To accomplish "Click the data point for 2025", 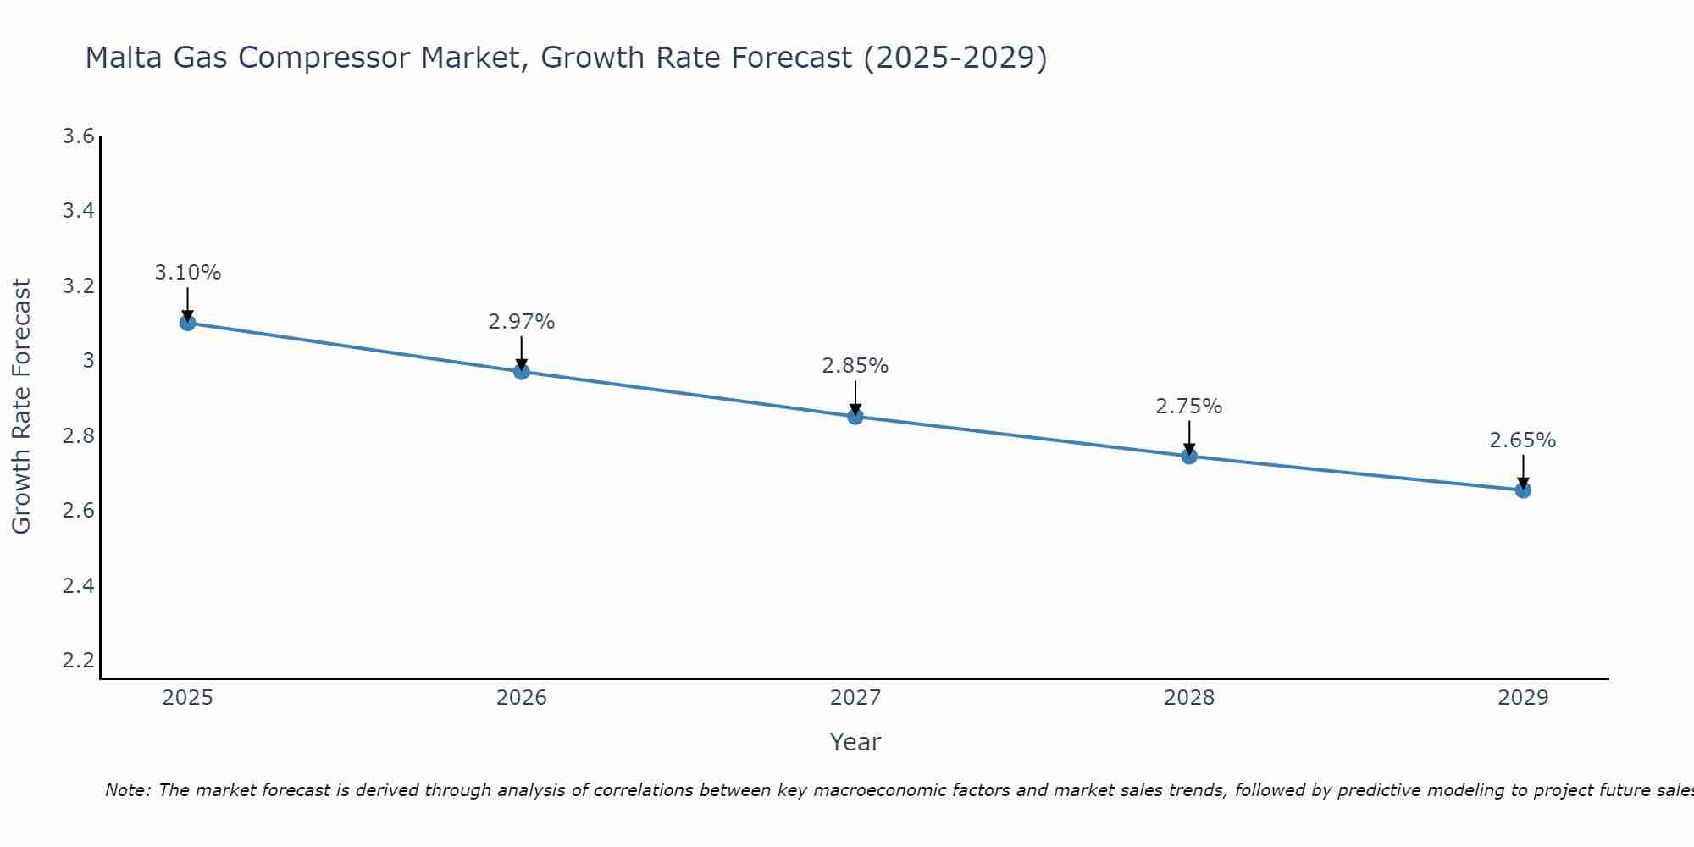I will click(x=188, y=323).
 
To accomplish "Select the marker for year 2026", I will click(x=522, y=372).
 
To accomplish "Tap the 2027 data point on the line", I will click(x=855, y=417).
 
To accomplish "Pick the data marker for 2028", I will click(x=1189, y=457).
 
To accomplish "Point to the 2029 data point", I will click(x=1523, y=490).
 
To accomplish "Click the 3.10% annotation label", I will click(x=188, y=273).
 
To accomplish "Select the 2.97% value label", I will click(x=522, y=322).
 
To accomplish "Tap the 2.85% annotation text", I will click(x=855, y=366).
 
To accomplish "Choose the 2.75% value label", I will click(x=1189, y=407).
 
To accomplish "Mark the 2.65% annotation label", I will click(x=1523, y=440).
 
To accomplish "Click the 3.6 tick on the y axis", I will click(x=79, y=136).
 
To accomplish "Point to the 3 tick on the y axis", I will click(x=88, y=361).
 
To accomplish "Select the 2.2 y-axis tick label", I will click(x=79, y=660).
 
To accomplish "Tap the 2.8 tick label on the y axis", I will click(x=79, y=436).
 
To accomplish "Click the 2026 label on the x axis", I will click(x=522, y=698).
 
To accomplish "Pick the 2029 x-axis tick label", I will click(x=1523, y=698).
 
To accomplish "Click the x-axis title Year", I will click(x=855, y=742).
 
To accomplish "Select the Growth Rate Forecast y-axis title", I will click(x=21, y=407).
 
